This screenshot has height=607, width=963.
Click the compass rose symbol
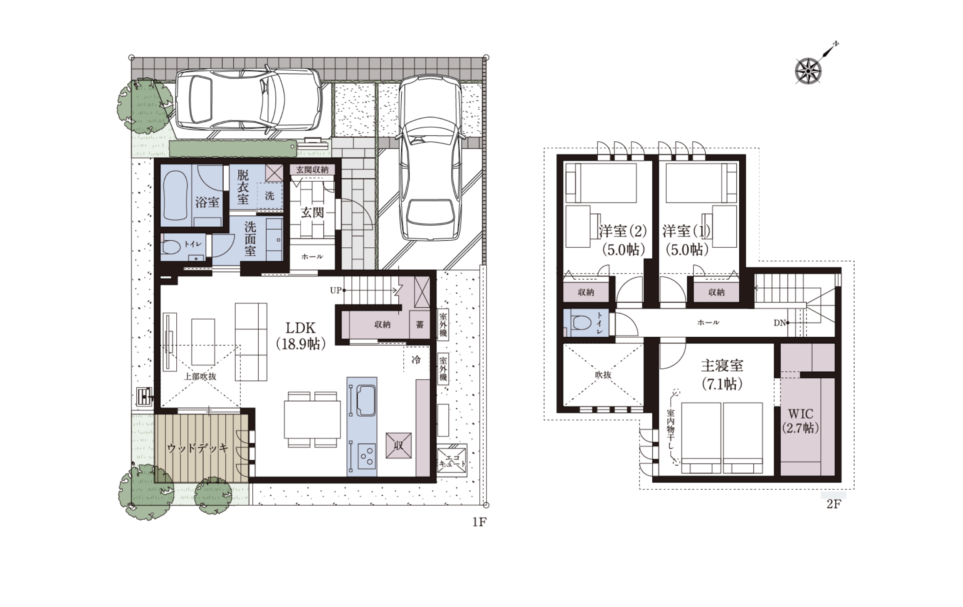click(808, 71)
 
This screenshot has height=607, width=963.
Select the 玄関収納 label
click(312, 170)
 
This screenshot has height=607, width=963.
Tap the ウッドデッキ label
click(198, 448)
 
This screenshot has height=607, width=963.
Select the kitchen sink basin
click(366, 400)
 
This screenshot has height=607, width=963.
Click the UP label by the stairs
click(336, 290)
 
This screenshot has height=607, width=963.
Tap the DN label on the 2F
click(779, 323)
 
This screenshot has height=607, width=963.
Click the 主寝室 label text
click(722, 366)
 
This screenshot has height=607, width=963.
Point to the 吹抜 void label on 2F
click(603, 375)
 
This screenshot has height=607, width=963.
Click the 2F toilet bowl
click(580, 322)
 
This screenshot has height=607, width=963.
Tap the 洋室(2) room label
click(622, 231)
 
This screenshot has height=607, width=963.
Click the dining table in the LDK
click(312, 419)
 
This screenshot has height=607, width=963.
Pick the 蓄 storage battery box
click(420, 324)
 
